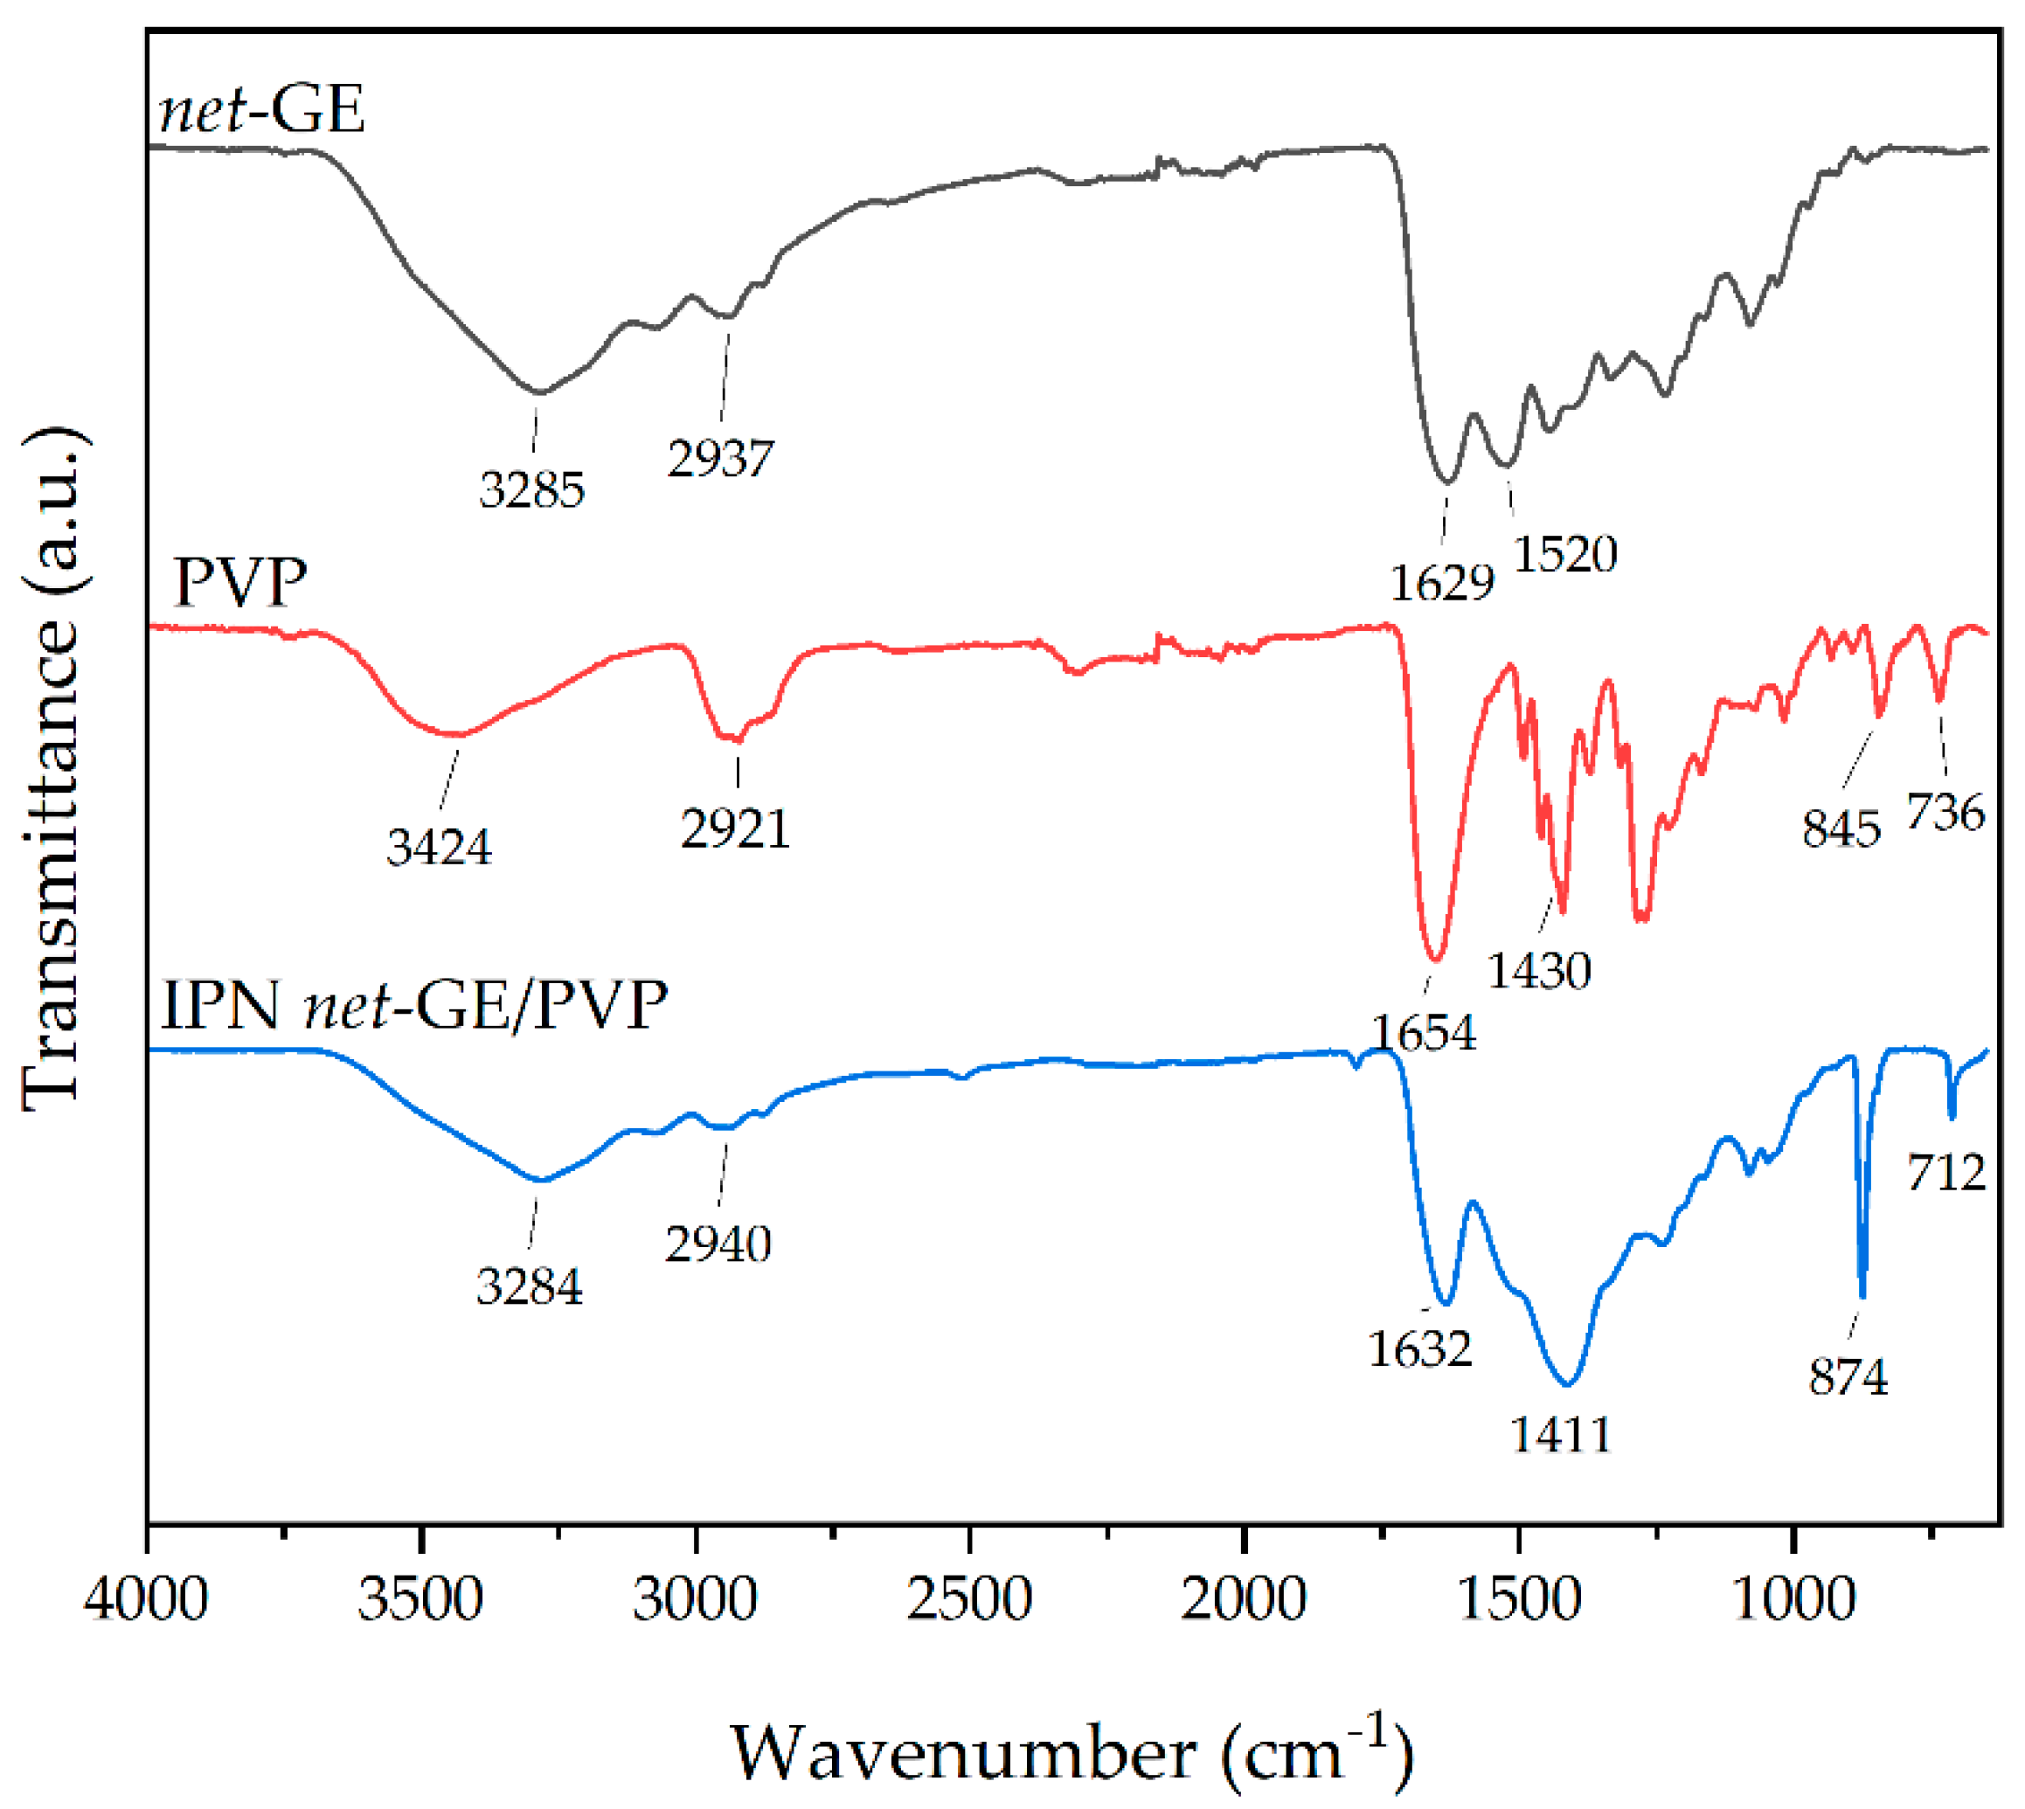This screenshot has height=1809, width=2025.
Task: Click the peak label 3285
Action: click(532, 490)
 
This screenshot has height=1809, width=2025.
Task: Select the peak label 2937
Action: click(720, 458)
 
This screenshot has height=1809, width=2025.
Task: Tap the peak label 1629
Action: click(1441, 582)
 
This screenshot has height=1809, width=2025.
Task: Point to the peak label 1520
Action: click(1564, 554)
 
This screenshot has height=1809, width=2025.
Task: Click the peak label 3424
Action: click(439, 847)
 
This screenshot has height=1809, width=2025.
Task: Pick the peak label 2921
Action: click(735, 828)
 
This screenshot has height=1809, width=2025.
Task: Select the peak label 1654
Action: click(1424, 1033)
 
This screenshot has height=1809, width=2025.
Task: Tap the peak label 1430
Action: click(1539, 970)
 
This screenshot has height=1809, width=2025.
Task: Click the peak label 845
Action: click(1841, 828)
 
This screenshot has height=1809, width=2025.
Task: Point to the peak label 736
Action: click(1945, 812)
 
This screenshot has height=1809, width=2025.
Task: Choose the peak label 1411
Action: click(1561, 1434)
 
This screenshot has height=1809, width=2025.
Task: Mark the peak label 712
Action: click(1945, 1173)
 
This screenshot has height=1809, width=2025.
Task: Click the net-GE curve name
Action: click(261, 108)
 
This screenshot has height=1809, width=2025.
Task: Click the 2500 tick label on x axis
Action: click(968, 1600)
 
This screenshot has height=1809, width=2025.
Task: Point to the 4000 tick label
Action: click(146, 1600)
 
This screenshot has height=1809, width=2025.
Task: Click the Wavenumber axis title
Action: click(1071, 1752)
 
